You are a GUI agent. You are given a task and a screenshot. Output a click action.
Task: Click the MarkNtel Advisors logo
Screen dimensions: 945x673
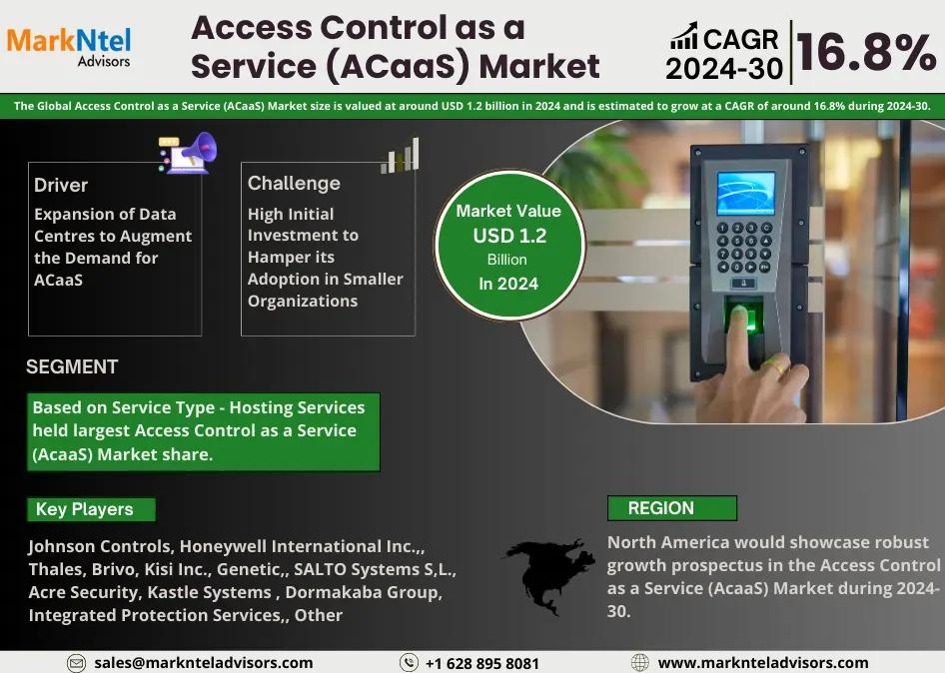pyautogui.click(x=69, y=46)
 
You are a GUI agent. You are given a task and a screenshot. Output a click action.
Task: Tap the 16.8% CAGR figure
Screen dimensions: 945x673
pyautogui.click(x=866, y=52)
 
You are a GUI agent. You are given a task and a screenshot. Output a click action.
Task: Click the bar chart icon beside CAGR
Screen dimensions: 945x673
pyautogui.click(x=683, y=36)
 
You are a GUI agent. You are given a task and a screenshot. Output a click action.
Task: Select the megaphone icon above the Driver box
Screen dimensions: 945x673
pyautogui.click(x=188, y=153)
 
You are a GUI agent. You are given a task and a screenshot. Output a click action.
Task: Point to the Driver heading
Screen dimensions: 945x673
pyautogui.click(x=61, y=185)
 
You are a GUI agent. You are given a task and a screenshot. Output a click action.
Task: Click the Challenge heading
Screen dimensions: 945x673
pyautogui.click(x=294, y=183)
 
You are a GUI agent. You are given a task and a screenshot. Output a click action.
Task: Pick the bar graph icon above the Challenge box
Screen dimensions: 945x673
pyautogui.click(x=400, y=156)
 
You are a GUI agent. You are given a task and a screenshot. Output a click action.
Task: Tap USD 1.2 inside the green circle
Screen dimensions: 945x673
pyautogui.click(x=509, y=236)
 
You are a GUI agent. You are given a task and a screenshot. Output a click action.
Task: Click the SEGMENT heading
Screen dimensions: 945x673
pyautogui.click(x=72, y=366)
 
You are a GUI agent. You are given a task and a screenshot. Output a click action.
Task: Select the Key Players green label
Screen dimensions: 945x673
pyautogui.click(x=91, y=509)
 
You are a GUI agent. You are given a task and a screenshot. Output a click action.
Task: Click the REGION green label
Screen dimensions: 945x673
pyautogui.click(x=672, y=508)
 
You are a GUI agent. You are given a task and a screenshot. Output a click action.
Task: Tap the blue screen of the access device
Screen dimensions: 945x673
pyautogui.click(x=745, y=194)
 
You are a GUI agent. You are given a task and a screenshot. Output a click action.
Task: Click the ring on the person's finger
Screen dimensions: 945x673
pyautogui.click(x=774, y=363)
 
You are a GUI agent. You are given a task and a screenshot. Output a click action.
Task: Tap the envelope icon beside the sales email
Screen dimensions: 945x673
pyautogui.click(x=76, y=663)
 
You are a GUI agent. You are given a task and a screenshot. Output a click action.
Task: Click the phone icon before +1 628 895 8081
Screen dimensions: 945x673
pyautogui.click(x=409, y=663)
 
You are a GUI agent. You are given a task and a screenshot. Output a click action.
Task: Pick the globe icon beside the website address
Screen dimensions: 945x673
pyautogui.click(x=639, y=663)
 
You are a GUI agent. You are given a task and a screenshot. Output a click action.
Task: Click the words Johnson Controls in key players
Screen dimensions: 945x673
pyautogui.click(x=100, y=546)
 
